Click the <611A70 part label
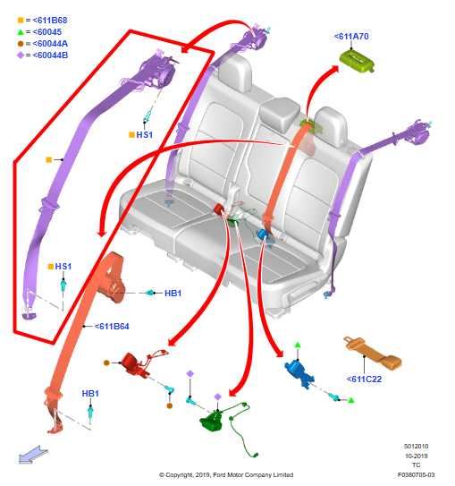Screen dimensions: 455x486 coord(351,37)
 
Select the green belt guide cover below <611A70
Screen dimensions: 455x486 coord(358,61)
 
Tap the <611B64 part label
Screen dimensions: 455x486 coord(112,327)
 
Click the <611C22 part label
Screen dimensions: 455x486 coord(364,379)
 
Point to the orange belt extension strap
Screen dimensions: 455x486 coord(373,353)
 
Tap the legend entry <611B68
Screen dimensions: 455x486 coord(42,21)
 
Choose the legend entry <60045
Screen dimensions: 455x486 coord(39,32)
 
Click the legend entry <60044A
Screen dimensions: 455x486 coord(42,44)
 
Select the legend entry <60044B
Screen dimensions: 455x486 coord(42,55)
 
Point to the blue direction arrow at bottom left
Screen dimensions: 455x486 coord(33,455)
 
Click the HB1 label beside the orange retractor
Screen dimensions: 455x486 coord(173,294)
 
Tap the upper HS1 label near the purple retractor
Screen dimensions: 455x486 coord(145,135)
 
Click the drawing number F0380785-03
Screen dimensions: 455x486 coord(416,474)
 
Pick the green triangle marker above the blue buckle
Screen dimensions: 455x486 coord(298,345)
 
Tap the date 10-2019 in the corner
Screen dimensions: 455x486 coord(417,456)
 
